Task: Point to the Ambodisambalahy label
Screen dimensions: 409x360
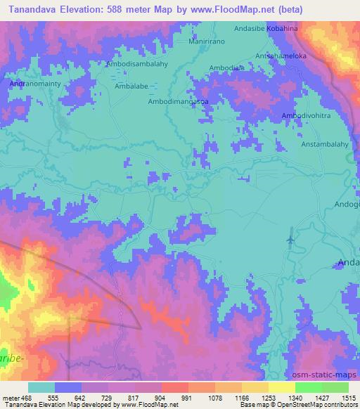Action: tap(136, 63)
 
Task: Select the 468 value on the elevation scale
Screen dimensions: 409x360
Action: tap(27, 397)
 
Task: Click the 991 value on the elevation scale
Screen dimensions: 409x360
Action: tap(186, 397)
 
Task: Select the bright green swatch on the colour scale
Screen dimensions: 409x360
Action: tap(308, 387)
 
